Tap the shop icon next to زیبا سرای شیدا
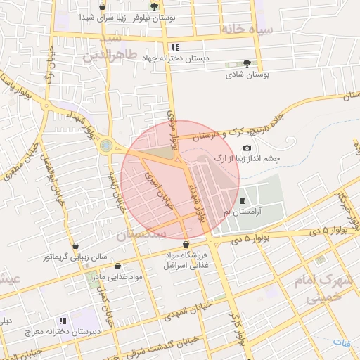point(103,7)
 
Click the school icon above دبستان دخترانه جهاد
point(176,47)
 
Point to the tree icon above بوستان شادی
point(246,63)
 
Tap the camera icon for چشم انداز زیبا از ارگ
point(247,148)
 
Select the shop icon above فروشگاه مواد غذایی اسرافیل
point(186,245)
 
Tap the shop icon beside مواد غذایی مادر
point(117,266)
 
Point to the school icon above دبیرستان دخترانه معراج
point(63,321)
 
